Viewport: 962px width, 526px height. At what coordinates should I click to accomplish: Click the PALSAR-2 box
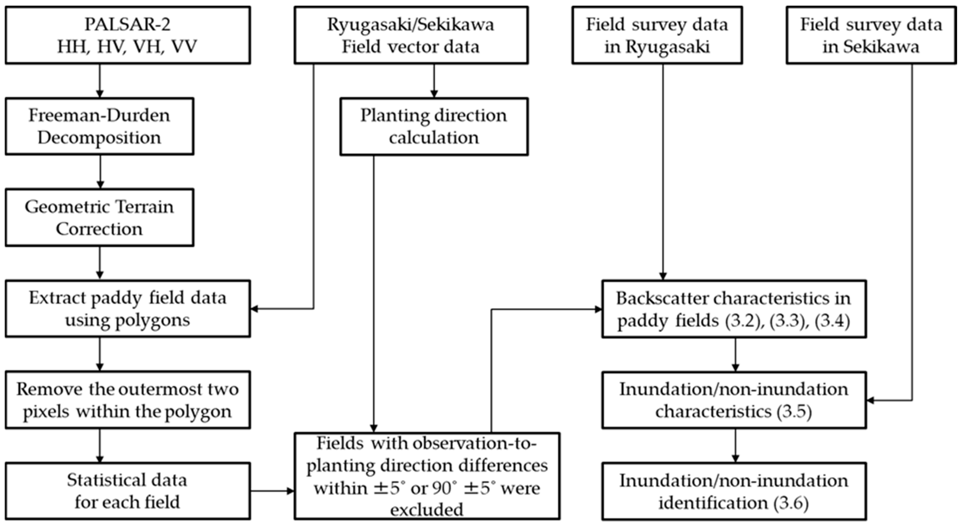127,35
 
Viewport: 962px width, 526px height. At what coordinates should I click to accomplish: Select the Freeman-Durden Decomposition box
99,126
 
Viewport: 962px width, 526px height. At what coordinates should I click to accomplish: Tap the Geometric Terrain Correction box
99,217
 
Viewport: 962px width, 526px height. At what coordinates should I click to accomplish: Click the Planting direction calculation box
434,126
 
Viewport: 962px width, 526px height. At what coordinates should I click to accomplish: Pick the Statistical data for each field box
127,491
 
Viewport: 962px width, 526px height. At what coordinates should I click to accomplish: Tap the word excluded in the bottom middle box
427,509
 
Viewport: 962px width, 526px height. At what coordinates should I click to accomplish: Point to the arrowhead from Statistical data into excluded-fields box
291,491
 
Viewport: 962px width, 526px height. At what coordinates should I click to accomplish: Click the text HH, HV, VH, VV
127,47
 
